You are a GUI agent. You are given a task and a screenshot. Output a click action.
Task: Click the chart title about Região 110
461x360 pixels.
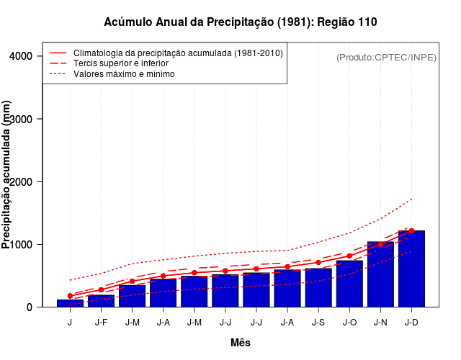241,22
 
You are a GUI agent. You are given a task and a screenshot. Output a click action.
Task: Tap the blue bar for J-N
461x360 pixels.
380,274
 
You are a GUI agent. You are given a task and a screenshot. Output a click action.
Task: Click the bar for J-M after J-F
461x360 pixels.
132,296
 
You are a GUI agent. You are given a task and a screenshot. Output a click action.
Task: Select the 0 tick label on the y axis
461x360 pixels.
29,307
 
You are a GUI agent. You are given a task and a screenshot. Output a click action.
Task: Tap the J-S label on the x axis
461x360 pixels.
318,322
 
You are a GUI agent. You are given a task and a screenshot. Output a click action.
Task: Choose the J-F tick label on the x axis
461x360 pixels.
101,322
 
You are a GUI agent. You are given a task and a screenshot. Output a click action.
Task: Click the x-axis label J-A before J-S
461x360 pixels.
287,322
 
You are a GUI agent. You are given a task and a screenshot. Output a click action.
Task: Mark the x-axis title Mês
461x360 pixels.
241,343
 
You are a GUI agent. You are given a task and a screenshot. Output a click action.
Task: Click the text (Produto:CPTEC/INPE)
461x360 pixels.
386,57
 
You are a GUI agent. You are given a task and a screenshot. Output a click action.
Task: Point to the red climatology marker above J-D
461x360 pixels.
411,231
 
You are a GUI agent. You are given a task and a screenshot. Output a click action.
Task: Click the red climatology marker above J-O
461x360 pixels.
349,256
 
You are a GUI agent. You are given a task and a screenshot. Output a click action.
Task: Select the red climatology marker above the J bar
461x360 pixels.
70,296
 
